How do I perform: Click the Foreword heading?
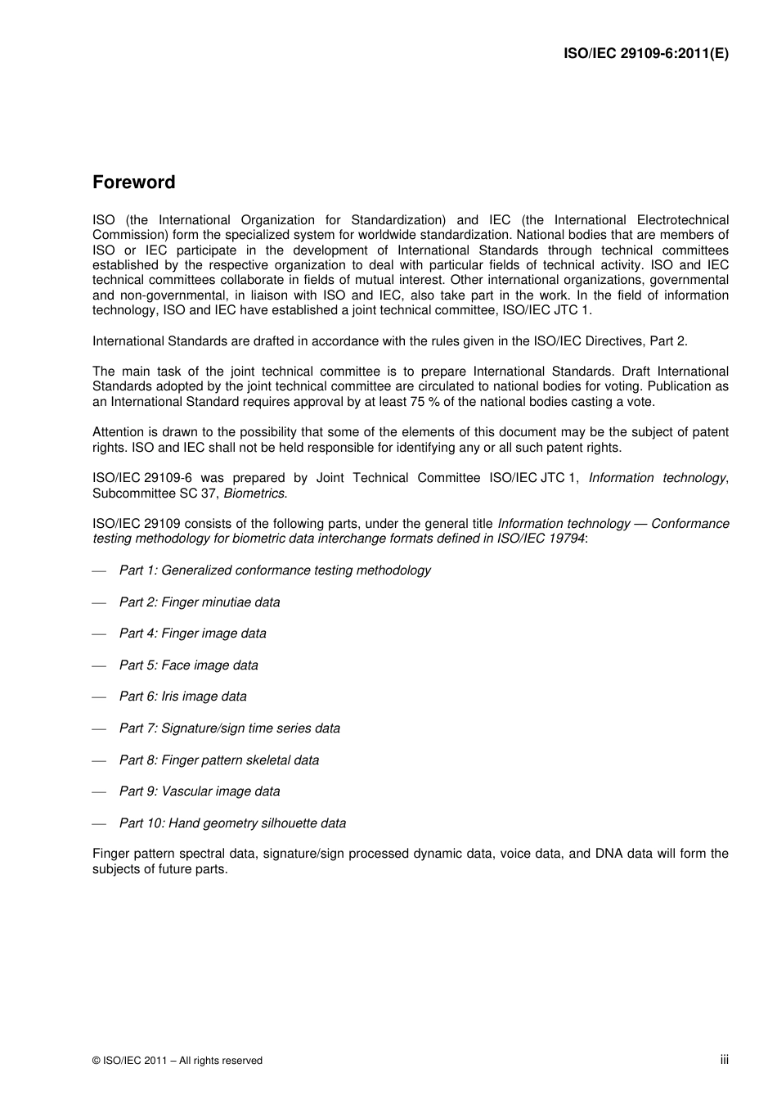(x=133, y=183)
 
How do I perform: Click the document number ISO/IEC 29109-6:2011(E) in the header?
(x=646, y=54)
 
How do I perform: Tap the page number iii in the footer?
(x=724, y=1059)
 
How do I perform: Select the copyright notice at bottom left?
(x=177, y=1061)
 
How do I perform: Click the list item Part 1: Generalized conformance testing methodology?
(x=275, y=570)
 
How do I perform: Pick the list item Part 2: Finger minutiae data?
(x=200, y=602)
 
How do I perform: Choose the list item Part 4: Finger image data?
(x=193, y=633)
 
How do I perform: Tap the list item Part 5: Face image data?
(x=189, y=665)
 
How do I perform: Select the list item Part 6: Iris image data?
(x=183, y=697)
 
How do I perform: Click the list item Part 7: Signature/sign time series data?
(x=230, y=728)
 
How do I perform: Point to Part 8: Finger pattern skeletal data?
(x=219, y=760)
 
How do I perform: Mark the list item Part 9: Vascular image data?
(x=200, y=791)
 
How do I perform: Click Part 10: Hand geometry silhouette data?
(x=232, y=823)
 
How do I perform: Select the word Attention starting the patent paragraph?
(x=118, y=432)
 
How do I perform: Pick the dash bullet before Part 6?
(x=100, y=697)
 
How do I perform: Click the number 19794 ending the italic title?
(x=567, y=539)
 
